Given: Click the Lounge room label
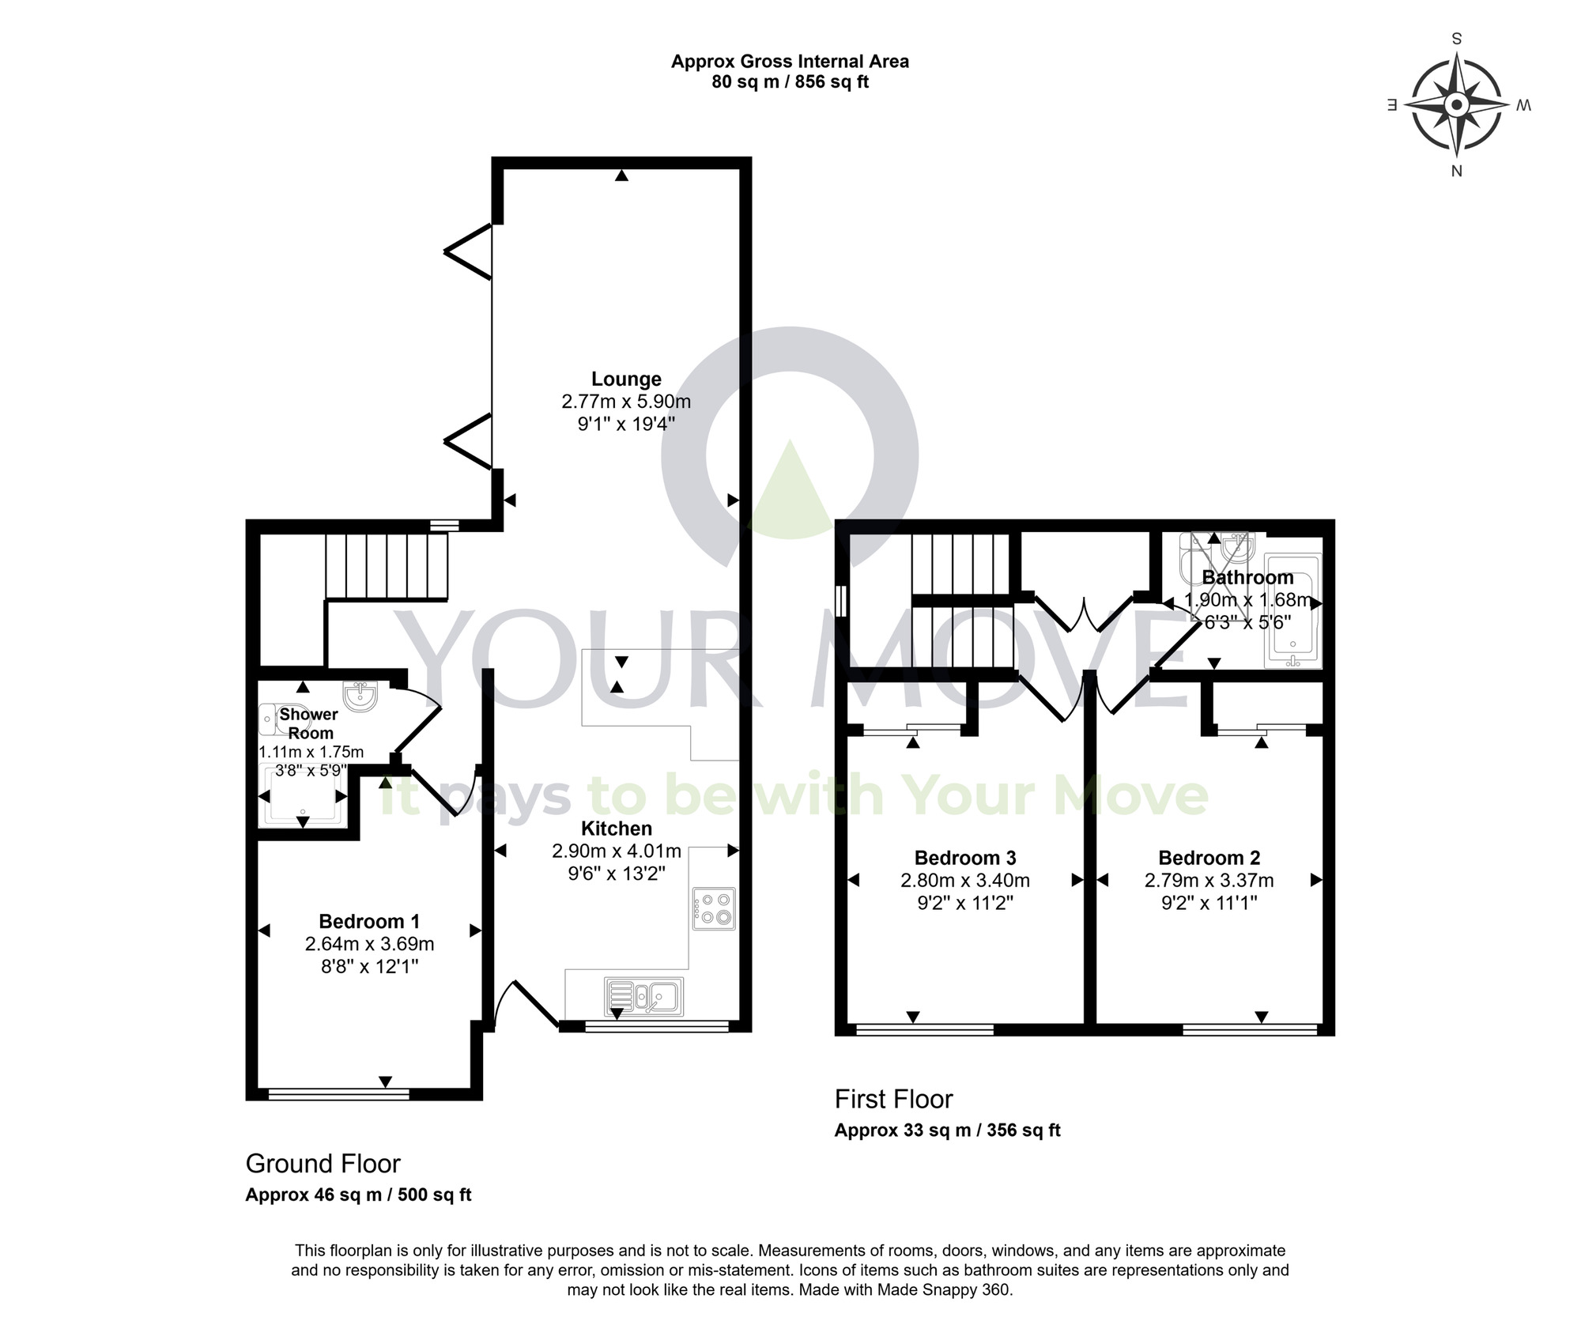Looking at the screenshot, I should tap(626, 379).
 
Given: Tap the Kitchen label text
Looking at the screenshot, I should tap(617, 829).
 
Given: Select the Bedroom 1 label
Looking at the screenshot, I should tap(369, 921).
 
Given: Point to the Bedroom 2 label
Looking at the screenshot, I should tap(1209, 858).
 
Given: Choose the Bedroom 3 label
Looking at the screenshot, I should tap(964, 858).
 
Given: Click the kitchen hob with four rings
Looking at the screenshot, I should tap(714, 909).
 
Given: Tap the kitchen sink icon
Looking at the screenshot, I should tap(644, 996).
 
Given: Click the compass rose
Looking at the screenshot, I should tap(1457, 105).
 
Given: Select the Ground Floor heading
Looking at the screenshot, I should tap(323, 1164).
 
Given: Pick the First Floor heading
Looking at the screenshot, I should tap(893, 1099).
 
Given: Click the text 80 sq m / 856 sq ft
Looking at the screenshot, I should tap(790, 82).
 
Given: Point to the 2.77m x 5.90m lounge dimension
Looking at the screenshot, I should tap(626, 402).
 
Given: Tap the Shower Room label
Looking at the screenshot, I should tap(309, 723).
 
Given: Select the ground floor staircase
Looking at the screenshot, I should tap(387, 566).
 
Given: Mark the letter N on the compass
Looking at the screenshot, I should tap(1457, 171).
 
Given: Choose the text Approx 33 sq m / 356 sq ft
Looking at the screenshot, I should tap(947, 1131).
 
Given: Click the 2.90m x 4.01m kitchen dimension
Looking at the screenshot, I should tap(617, 851).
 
